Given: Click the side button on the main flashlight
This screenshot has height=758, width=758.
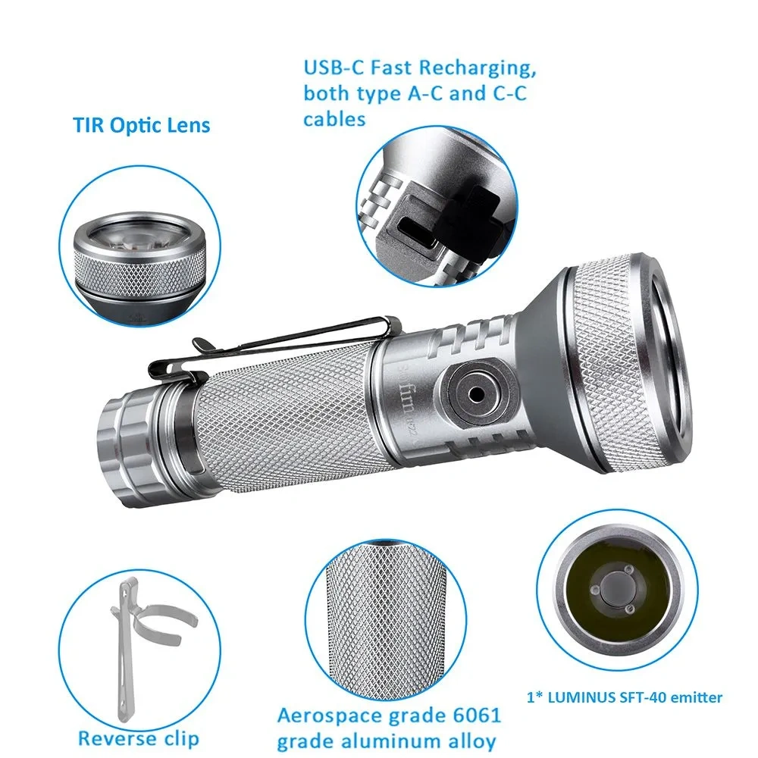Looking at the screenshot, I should click(475, 393).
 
